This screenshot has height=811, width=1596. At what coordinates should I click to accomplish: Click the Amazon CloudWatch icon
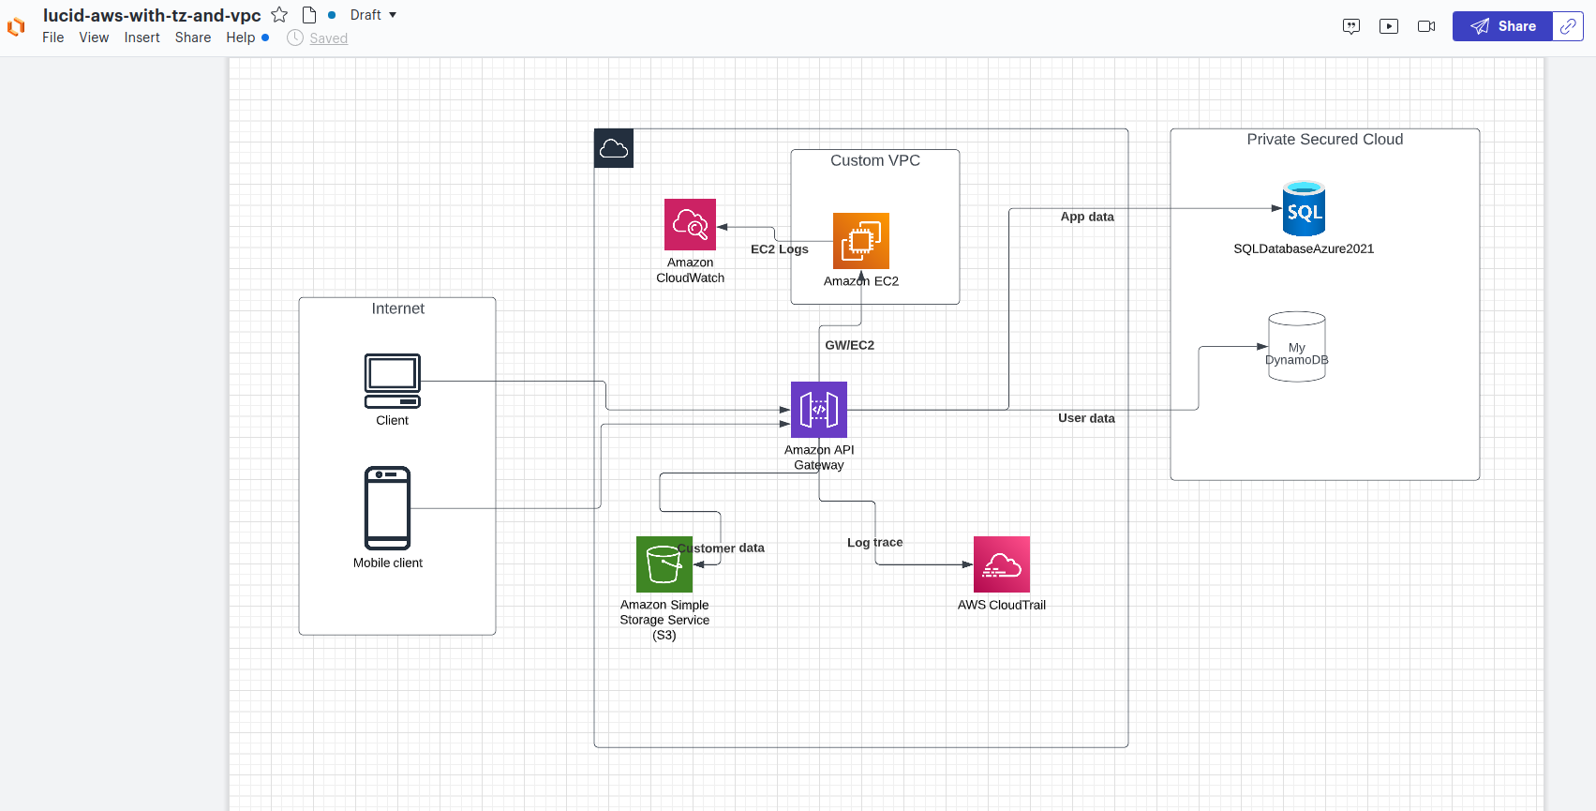click(x=690, y=224)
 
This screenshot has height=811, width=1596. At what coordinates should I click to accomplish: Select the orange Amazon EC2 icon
click(x=860, y=241)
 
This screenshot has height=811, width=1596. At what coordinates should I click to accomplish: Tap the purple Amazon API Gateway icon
click(x=818, y=410)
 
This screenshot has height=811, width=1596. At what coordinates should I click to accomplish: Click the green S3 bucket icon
click(x=664, y=564)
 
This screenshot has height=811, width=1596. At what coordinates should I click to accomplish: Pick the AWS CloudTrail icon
click(x=1001, y=564)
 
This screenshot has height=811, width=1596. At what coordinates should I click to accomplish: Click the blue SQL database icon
click(x=1304, y=209)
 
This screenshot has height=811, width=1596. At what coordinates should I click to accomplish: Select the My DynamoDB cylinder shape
click(x=1296, y=347)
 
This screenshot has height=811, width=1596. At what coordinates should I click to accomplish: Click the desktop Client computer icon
click(x=392, y=381)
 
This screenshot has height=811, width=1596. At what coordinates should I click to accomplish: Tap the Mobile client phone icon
click(x=387, y=507)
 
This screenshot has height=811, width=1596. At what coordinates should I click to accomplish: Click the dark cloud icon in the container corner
click(x=614, y=148)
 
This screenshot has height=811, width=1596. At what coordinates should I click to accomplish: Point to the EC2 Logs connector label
click(x=779, y=249)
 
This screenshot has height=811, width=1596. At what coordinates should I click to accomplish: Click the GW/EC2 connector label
click(x=849, y=345)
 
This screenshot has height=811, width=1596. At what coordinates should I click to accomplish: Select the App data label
click(x=1087, y=217)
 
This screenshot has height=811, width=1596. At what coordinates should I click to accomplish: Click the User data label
click(x=1086, y=418)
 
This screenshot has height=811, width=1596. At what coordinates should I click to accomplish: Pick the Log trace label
click(x=874, y=543)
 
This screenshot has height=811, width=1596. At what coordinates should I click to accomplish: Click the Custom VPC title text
click(x=874, y=161)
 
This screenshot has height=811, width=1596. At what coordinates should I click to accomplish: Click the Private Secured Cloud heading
click(x=1324, y=140)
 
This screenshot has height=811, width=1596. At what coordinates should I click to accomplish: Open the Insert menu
click(x=142, y=38)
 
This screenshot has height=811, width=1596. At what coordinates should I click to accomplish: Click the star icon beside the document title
click(x=279, y=15)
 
